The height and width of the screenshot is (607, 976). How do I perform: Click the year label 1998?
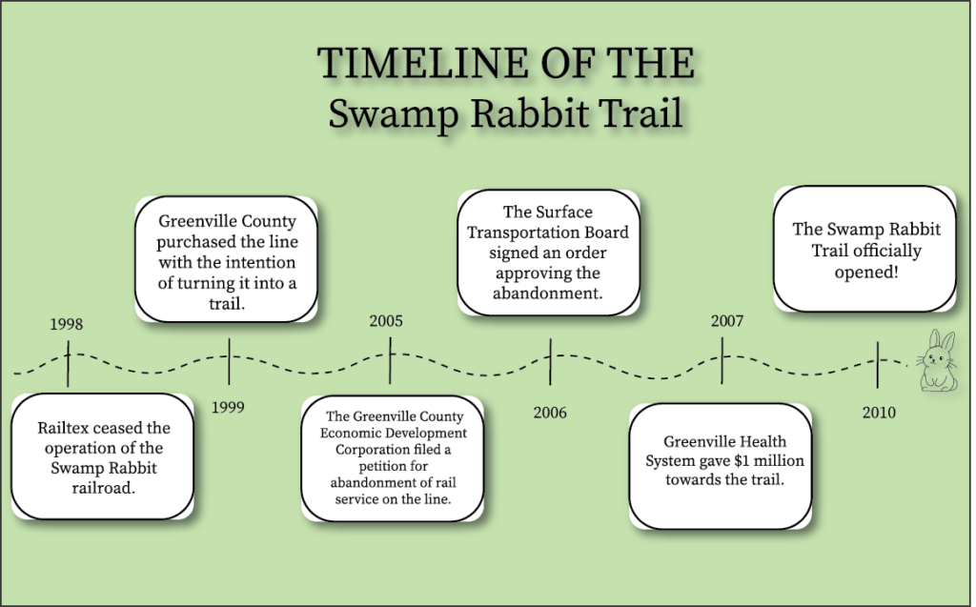click(x=66, y=324)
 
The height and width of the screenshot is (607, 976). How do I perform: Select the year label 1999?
click(x=228, y=407)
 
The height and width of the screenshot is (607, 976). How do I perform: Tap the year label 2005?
click(x=386, y=320)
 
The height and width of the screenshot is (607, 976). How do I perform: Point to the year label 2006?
click(x=550, y=413)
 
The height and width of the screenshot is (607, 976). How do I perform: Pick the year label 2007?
click(x=727, y=320)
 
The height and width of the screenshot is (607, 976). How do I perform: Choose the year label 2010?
click(x=879, y=413)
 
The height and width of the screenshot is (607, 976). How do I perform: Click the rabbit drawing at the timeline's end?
click(x=937, y=360)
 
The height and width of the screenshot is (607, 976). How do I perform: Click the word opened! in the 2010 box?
click(x=865, y=273)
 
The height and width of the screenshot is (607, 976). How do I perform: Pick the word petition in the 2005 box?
click(x=394, y=466)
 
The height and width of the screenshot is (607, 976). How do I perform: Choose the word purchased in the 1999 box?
click(x=195, y=241)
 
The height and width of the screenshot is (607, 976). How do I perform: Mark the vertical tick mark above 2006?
click(x=550, y=362)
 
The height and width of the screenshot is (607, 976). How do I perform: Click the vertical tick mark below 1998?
click(x=68, y=364)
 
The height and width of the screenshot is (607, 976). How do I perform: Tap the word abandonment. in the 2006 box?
click(x=548, y=293)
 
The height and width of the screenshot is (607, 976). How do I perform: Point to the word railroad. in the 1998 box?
click(x=103, y=488)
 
